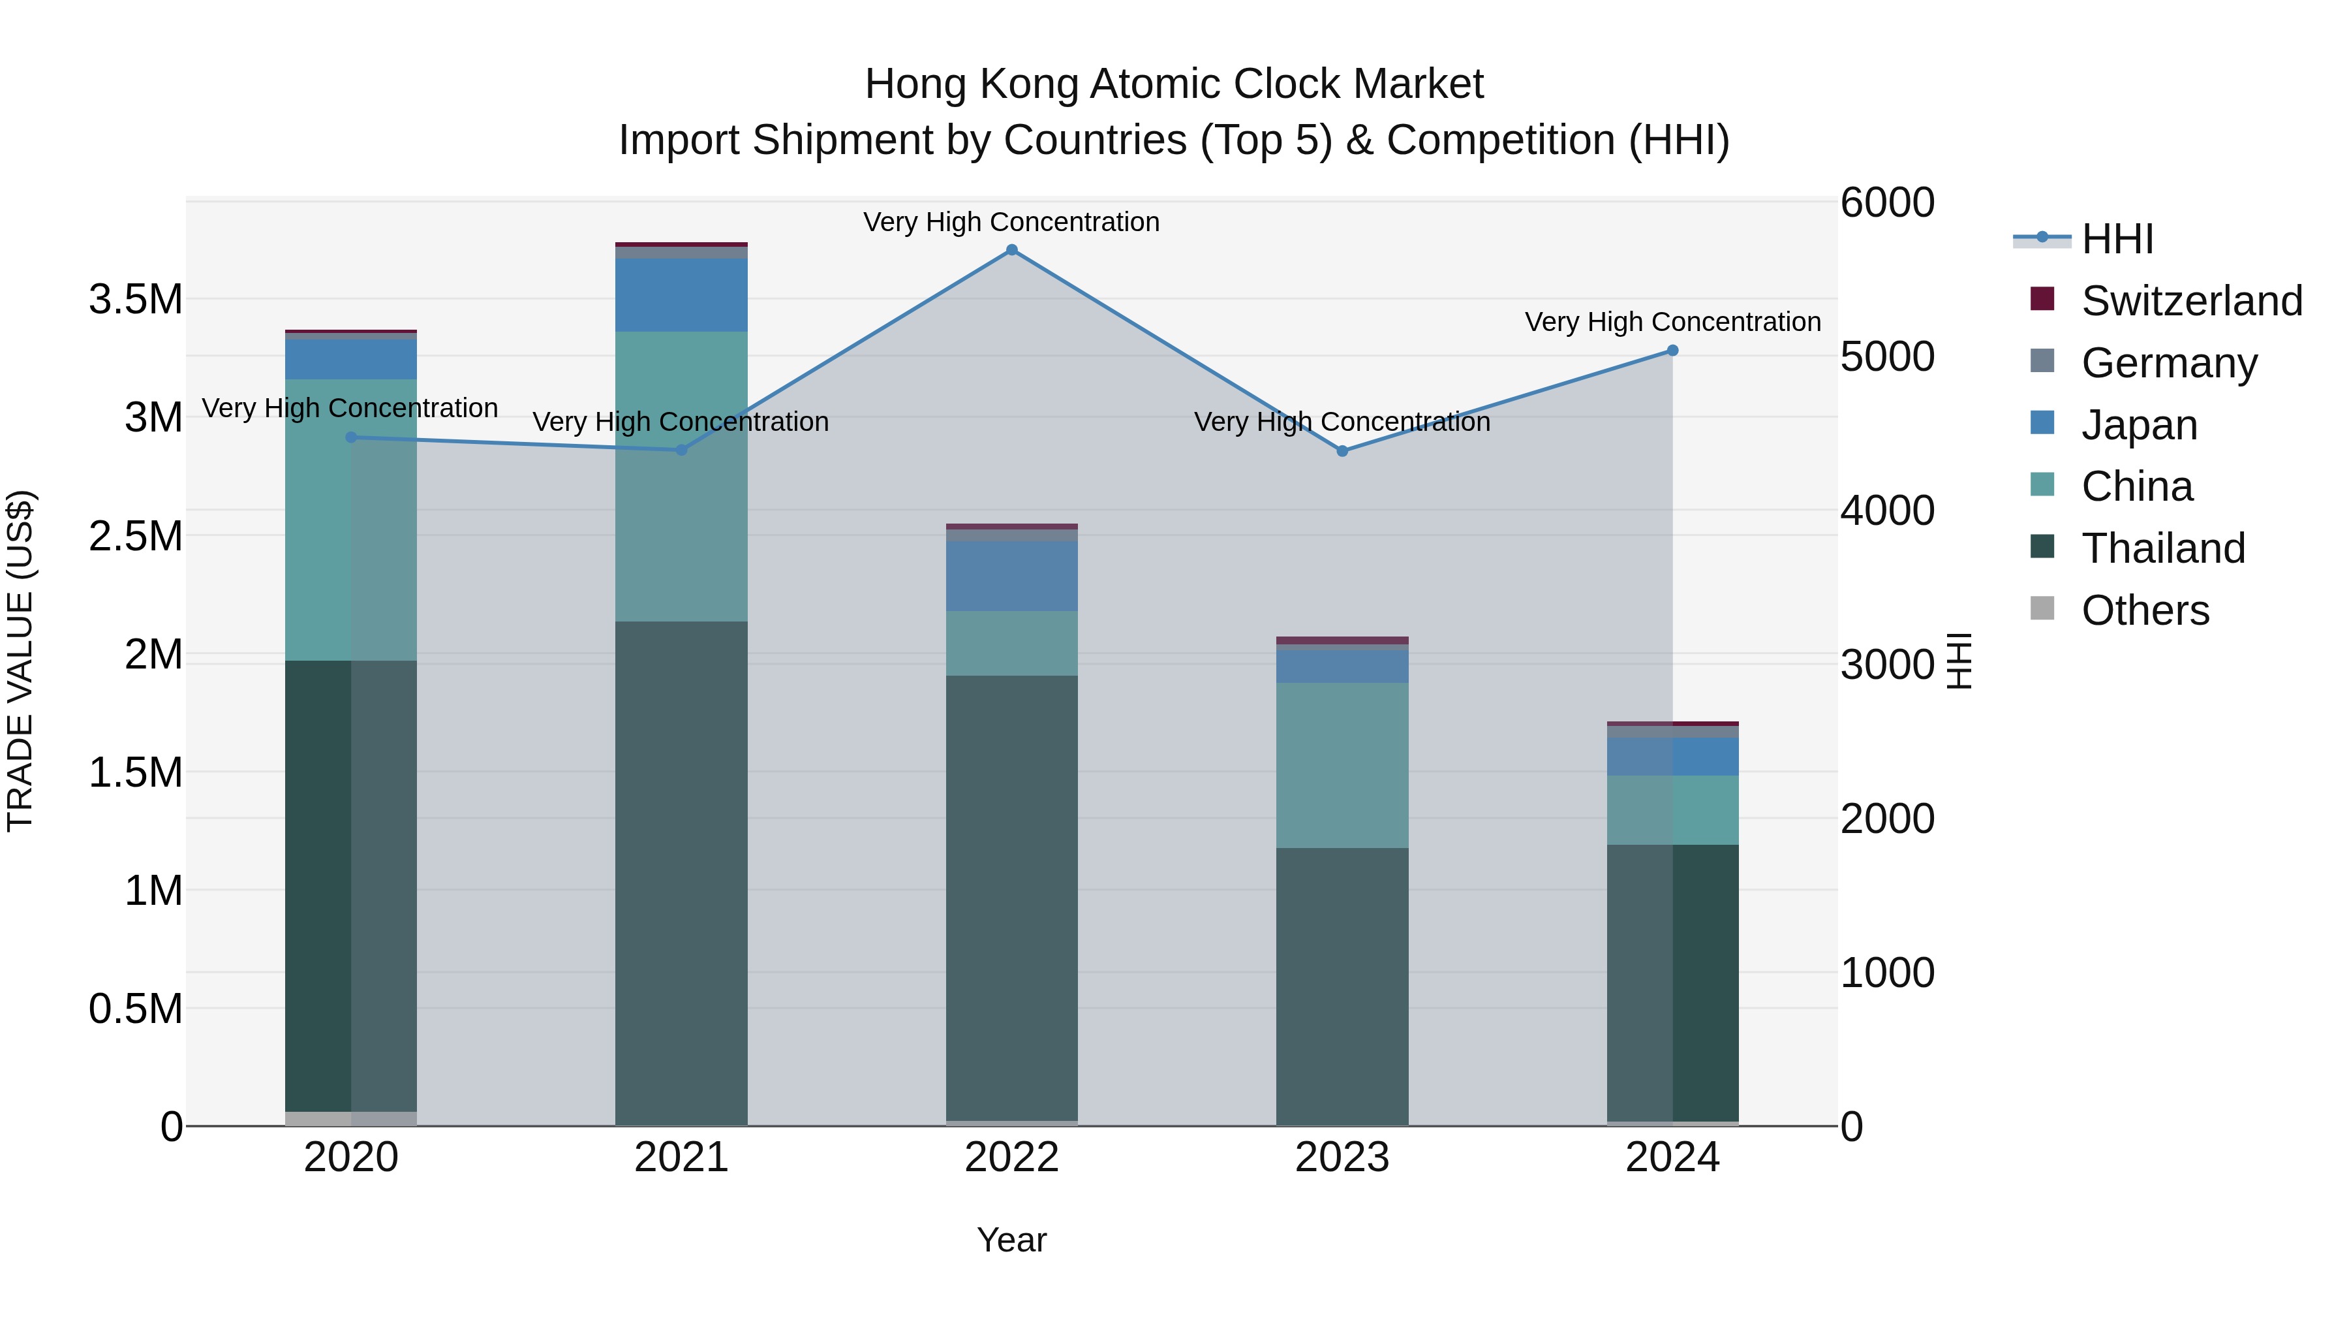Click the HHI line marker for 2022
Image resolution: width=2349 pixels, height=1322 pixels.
(1011, 250)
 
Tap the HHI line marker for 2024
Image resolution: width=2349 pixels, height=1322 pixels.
(1672, 351)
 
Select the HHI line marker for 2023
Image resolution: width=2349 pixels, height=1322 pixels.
(1342, 450)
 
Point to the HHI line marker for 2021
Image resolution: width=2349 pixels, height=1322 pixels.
(681, 450)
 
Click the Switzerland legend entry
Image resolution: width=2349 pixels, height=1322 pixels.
(2191, 301)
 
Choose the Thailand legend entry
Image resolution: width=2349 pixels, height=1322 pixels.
(2163, 548)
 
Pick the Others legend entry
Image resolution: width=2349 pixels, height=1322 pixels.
(2145, 610)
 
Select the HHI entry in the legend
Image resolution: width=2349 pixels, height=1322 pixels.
(2117, 239)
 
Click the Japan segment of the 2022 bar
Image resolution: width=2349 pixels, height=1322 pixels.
(1011, 576)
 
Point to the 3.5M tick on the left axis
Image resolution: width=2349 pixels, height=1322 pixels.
(135, 299)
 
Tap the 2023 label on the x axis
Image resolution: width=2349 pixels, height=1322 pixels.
(1342, 1157)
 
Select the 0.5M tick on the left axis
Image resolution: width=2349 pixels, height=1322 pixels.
(135, 1009)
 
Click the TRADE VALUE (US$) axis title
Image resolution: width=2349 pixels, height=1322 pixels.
(20, 661)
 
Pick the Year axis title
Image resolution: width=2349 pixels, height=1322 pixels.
(1011, 1240)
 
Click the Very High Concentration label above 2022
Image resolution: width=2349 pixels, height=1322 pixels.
(1011, 222)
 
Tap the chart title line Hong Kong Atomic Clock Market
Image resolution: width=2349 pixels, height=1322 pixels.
(1174, 84)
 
